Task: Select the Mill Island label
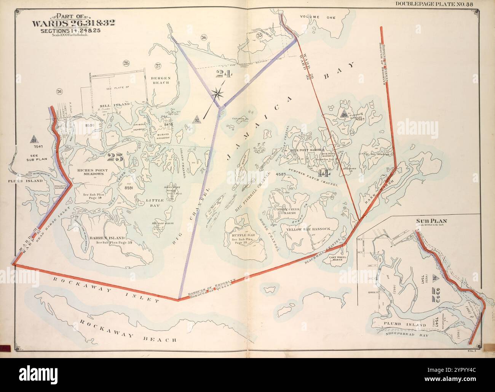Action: point(115,103)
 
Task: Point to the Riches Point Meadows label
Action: point(90,172)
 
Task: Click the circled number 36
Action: point(204,37)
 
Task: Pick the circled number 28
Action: point(126,63)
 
